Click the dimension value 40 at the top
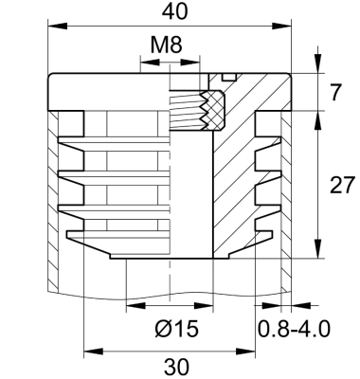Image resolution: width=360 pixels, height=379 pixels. click(172, 12)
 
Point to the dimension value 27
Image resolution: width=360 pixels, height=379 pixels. click(340, 185)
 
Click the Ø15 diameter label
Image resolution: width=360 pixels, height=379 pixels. click(173, 329)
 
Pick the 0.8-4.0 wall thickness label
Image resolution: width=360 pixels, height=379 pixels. click(294, 329)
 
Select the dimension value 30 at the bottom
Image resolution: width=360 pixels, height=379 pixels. click(175, 366)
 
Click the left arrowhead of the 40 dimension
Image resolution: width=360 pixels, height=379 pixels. click(51, 27)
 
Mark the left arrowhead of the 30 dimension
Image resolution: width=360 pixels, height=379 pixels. click(90, 351)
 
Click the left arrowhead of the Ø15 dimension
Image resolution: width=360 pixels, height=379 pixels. click(131, 306)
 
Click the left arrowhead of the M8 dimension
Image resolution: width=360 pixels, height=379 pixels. click(144, 63)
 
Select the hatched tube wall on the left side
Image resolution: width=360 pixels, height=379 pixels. click(52, 199)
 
